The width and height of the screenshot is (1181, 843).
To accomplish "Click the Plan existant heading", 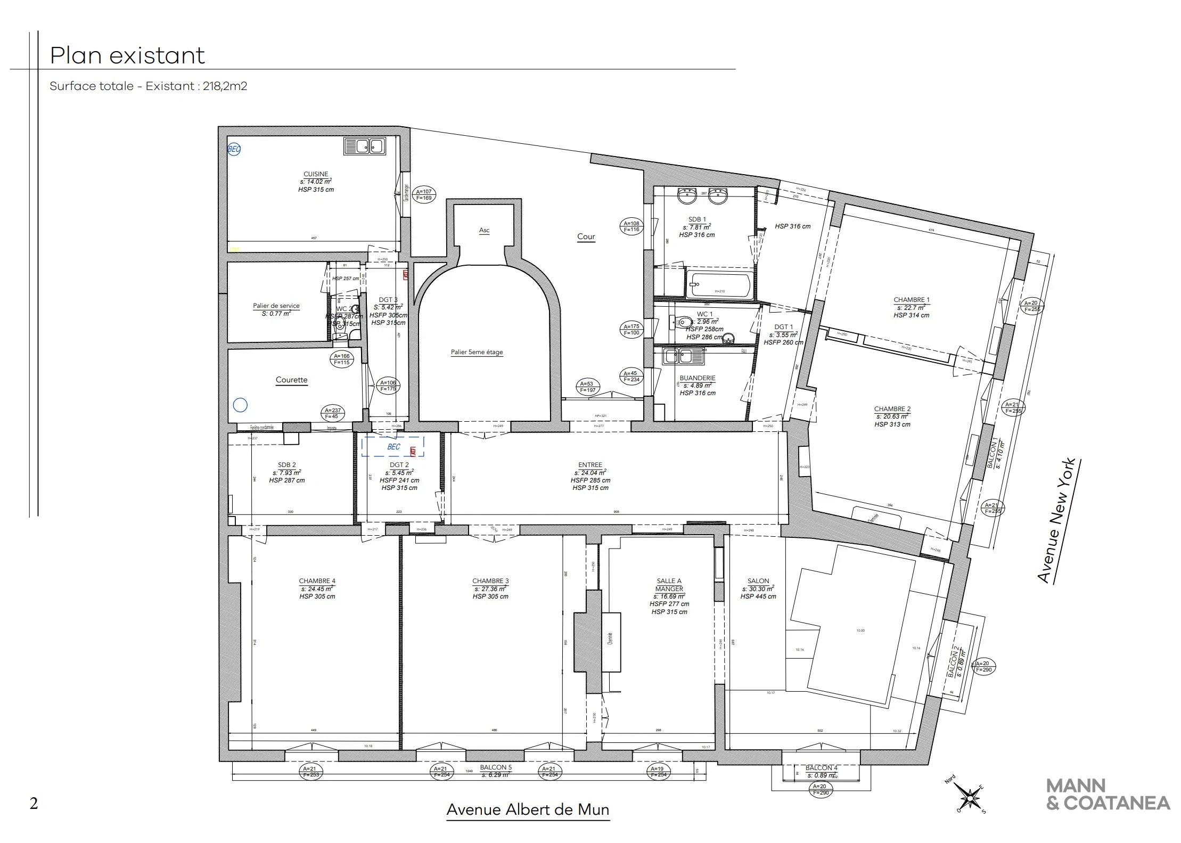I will point(127,56).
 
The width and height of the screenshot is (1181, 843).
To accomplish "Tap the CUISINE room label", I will point(316,174).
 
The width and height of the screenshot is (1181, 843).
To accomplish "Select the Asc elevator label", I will point(484,231).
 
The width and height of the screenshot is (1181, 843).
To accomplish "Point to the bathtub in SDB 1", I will point(719,285).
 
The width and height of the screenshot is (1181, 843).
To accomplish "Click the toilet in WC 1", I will point(681,322).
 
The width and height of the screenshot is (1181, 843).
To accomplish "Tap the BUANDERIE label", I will point(697,378).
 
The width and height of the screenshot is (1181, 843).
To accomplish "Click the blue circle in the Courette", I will point(241,405).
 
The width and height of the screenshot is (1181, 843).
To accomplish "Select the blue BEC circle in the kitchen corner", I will point(234,150).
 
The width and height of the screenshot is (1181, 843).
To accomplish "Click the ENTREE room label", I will point(590,465).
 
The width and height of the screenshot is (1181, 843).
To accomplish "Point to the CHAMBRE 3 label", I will point(490,581).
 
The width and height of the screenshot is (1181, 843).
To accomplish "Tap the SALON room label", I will point(758,581).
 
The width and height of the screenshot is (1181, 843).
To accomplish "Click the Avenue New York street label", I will point(1056,521).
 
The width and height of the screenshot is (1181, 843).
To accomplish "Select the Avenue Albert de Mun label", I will point(527,810).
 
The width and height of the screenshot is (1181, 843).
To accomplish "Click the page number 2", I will point(34,803).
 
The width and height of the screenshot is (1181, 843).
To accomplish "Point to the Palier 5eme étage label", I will point(477,352).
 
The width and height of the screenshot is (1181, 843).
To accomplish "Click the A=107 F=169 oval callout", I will point(424,195).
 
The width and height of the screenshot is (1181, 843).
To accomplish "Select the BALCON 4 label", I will point(821,768).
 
